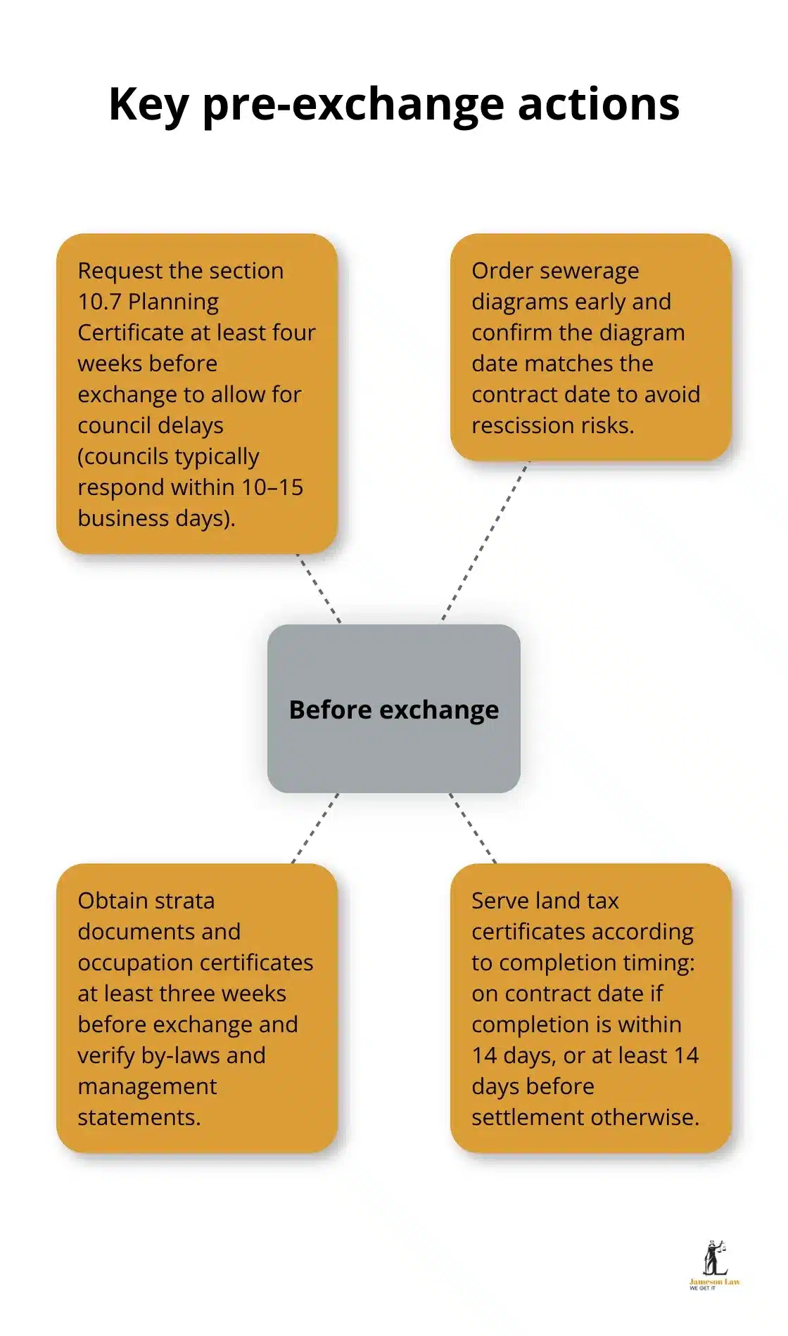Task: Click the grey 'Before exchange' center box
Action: pos(393,709)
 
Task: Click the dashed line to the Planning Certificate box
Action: pos(318,588)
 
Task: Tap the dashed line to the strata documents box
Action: pos(315,828)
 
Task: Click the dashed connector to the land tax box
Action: pos(473,828)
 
